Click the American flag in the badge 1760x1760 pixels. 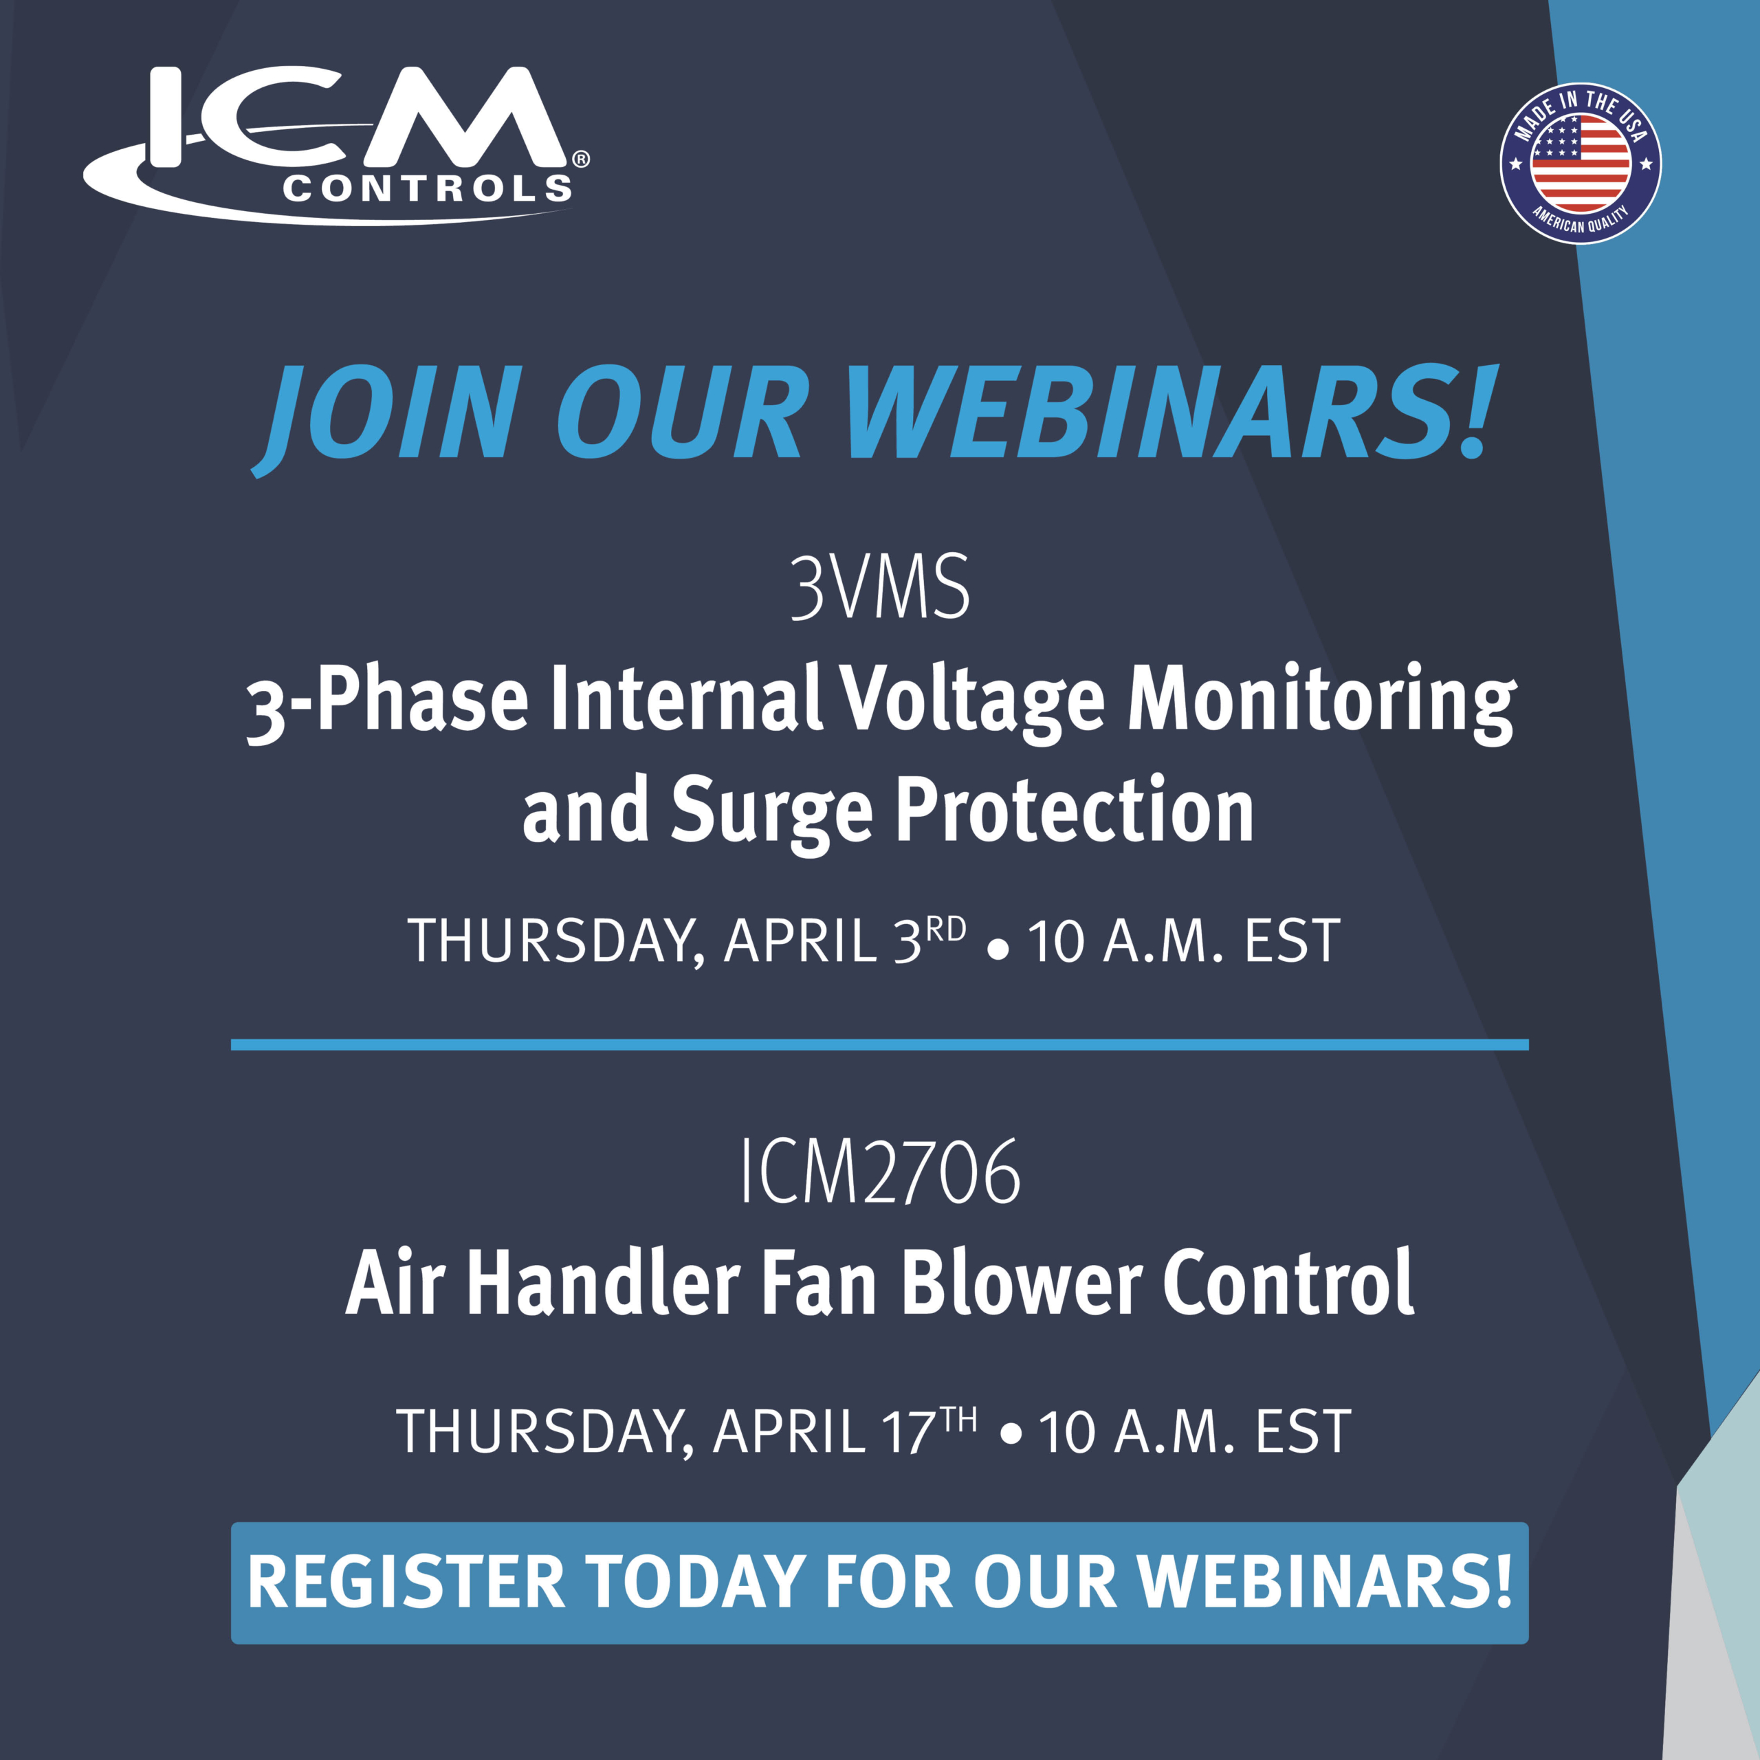tap(1581, 164)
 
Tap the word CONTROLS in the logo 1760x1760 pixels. tap(427, 188)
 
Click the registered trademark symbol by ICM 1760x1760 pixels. tap(580, 159)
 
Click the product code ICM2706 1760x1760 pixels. tap(880, 1172)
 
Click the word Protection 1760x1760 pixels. tap(1075, 809)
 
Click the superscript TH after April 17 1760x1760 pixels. tap(958, 1419)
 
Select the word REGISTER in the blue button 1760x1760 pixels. tap(406, 1583)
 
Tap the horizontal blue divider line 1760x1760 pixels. tap(880, 1045)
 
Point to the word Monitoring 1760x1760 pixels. tap(1323, 703)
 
